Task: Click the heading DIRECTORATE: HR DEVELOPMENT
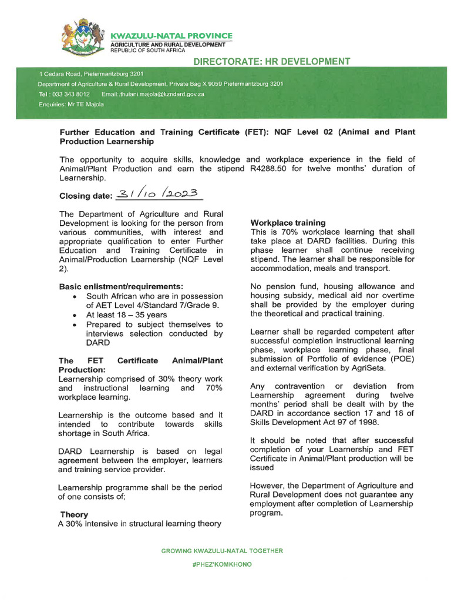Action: tap(272, 62)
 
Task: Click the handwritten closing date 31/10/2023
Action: tap(159, 195)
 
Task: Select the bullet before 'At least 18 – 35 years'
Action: tap(73, 315)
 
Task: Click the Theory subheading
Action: tap(74, 514)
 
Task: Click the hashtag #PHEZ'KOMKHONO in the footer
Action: tap(222, 564)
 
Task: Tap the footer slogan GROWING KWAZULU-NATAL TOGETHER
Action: tap(222, 551)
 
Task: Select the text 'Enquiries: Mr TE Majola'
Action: tap(71, 105)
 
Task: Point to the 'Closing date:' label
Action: tap(86, 196)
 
